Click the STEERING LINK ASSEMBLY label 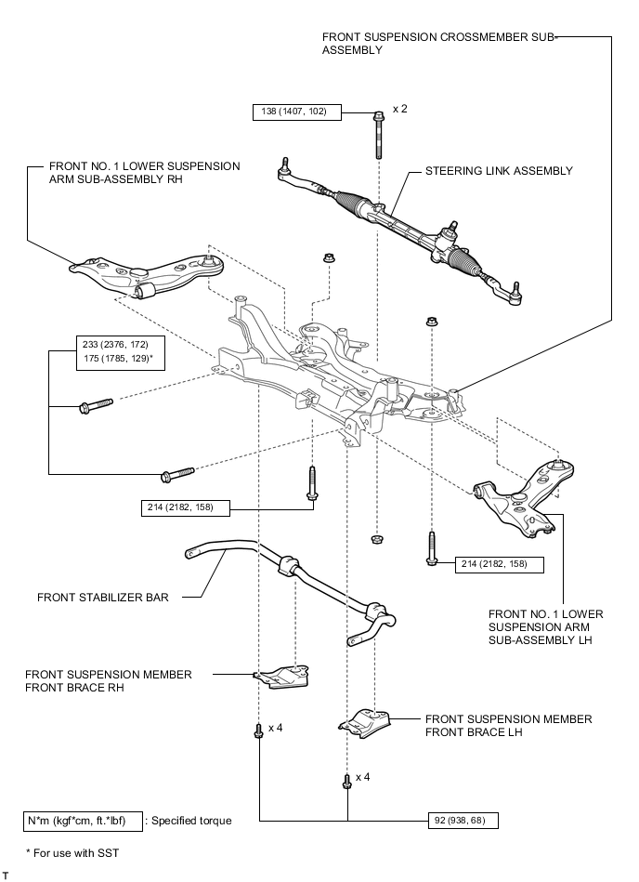click(x=499, y=171)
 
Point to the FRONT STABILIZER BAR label click(x=103, y=598)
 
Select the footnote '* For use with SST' click(x=72, y=853)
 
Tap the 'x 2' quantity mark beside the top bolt click(x=399, y=109)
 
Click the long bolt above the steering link click(x=378, y=135)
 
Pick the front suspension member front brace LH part click(x=364, y=724)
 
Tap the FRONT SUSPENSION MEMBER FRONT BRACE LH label click(x=509, y=726)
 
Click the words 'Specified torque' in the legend click(x=191, y=821)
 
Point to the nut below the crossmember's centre click(x=377, y=539)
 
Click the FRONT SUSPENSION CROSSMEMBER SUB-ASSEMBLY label click(x=438, y=44)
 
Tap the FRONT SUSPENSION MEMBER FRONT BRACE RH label click(x=109, y=680)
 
